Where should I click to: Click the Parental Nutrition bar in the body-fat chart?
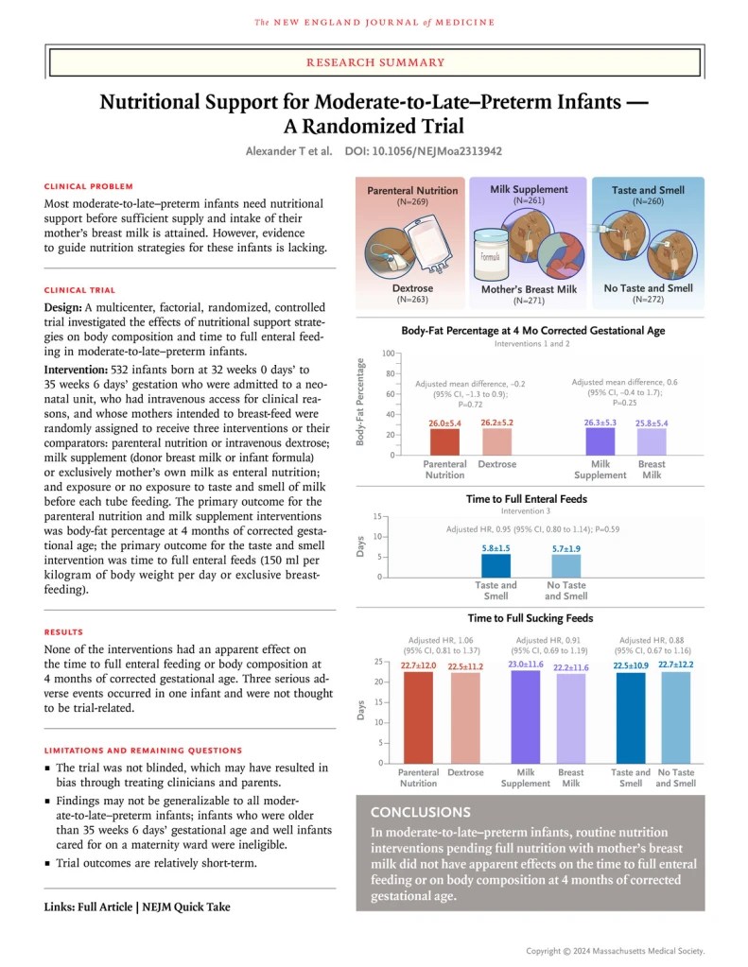[x=444, y=441]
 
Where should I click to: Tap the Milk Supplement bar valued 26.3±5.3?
[x=600, y=441]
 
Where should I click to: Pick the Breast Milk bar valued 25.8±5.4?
[x=651, y=441]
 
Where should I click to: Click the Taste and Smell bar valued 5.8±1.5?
[x=496, y=565]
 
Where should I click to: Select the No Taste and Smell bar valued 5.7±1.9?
[x=565, y=565]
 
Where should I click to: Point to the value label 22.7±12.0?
[x=418, y=666]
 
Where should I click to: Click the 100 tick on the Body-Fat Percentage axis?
[x=388, y=354]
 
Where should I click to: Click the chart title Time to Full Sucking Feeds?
[x=531, y=618]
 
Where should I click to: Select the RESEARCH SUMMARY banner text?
[x=374, y=61]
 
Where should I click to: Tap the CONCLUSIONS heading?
[x=421, y=812]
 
